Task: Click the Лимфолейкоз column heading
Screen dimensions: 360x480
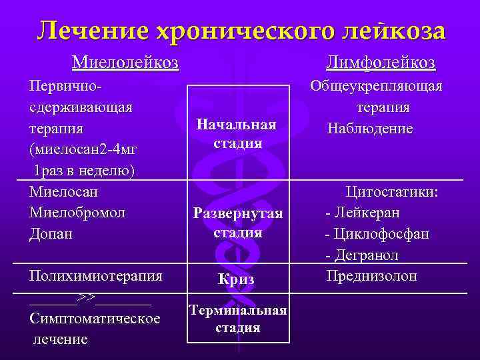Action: coord(381,63)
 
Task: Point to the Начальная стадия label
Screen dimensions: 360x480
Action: coord(237,133)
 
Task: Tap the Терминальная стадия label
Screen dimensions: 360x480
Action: coord(238,319)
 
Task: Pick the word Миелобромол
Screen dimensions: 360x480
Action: coord(77,213)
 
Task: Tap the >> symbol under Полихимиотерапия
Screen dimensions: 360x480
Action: coord(87,297)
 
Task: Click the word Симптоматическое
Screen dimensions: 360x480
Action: coord(95,319)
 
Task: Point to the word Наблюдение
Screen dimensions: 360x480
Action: coord(370,128)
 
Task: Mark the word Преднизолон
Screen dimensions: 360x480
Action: coord(371,275)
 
